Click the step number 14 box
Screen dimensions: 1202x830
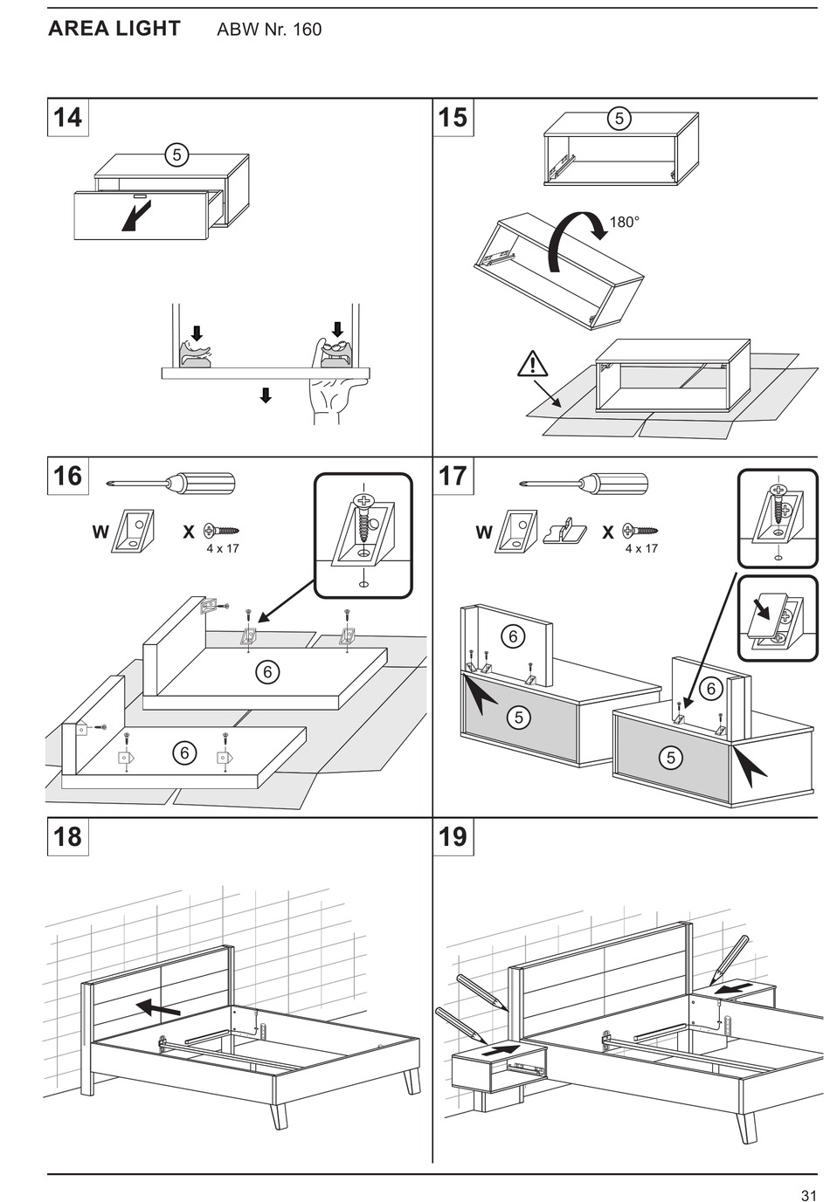(x=67, y=118)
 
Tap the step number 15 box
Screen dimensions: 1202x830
(x=453, y=118)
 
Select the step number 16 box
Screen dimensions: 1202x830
(x=67, y=477)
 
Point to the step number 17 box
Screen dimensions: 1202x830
(x=453, y=477)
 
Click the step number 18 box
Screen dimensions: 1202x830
(x=67, y=837)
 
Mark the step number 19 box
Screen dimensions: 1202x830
(x=453, y=837)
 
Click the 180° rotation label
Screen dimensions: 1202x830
(x=624, y=223)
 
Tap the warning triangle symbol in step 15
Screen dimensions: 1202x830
(x=532, y=364)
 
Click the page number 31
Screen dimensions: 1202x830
(x=808, y=1195)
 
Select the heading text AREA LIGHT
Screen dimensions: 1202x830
(x=114, y=29)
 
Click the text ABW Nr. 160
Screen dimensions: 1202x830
(x=269, y=30)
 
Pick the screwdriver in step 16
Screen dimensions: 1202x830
(x=170, y=484)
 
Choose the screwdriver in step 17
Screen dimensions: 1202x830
(x=584, y=484)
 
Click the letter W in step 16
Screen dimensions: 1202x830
(x=100, y=531)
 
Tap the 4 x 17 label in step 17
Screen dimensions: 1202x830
(x=641, y=549)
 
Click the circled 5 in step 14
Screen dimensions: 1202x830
(x=176, y=155)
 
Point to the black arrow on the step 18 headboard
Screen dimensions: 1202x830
(x=158, y=1008)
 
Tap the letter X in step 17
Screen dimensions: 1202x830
(x=607, y=531)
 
